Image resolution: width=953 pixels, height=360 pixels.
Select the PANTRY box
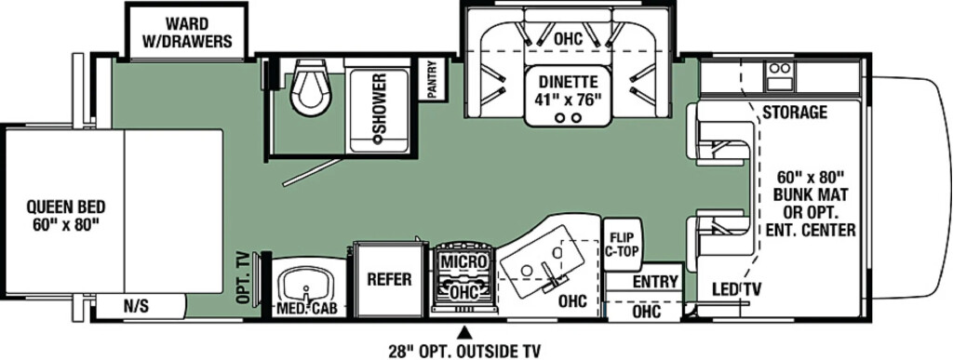tap(433, 79)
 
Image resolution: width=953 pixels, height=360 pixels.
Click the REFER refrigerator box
tap(389, 279)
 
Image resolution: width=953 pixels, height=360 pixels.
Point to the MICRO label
tap(463, 261)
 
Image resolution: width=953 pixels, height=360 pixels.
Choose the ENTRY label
tap(654, 281)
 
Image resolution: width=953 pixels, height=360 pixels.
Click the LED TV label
tap(738, 289)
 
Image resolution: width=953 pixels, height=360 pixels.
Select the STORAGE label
tap(795, 113)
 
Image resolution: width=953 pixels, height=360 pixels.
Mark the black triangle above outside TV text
tap(465, 332)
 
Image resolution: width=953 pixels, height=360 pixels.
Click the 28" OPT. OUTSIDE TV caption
tap(464, 351)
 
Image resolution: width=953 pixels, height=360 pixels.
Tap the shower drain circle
tap(378, 139)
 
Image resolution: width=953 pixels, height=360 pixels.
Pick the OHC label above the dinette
tap(568, 39)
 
